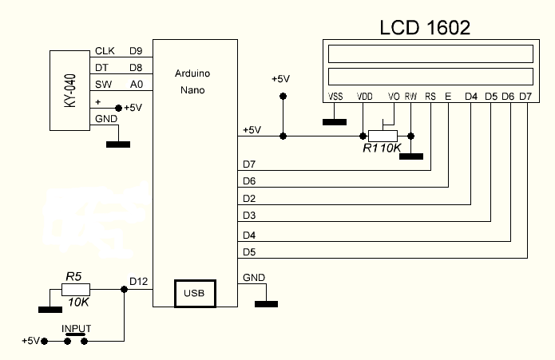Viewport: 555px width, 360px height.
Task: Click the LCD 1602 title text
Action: click(424, 27)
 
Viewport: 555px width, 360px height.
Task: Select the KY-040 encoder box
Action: click(70, 89)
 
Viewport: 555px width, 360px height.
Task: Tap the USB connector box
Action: click(194, 293)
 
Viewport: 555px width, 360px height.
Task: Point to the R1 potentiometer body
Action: click(384, 136)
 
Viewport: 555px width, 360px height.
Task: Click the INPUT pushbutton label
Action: click(77, 328)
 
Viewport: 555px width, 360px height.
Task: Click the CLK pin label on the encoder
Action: click(105, 52)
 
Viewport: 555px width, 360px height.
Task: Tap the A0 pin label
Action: click(135, 84)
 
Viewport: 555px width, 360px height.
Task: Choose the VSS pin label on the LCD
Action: click(336, 97)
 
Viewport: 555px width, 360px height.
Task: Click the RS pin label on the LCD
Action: click(431, 97)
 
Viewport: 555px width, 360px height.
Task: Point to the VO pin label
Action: click(393, 97)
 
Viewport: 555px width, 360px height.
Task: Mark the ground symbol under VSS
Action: click(335, 122)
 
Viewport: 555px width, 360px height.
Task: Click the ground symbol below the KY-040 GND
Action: click(117, 144)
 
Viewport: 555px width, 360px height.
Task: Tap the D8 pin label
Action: click(135, 68)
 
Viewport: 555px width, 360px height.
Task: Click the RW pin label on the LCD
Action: click(411, 97)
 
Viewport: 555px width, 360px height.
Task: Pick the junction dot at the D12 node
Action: click(124, 289)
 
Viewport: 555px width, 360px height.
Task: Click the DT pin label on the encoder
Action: click(101, 68)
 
